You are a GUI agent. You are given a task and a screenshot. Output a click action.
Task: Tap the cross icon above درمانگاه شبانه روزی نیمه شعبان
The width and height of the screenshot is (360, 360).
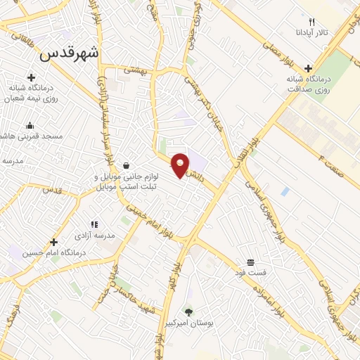tap(31, 77)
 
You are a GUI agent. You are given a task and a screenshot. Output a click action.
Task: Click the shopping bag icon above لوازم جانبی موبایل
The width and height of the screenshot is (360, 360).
tap(126, 166)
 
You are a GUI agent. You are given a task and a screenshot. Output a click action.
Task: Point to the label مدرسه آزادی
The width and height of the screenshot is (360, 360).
tap(94, 236)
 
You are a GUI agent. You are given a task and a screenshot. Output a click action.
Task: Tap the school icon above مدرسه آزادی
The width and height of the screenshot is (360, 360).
tap(94, 224)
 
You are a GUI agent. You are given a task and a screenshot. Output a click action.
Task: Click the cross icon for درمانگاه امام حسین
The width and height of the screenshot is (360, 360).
tap(53, 242)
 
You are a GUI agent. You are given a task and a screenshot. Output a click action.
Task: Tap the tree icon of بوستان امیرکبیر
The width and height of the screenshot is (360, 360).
tap(188, 311)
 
